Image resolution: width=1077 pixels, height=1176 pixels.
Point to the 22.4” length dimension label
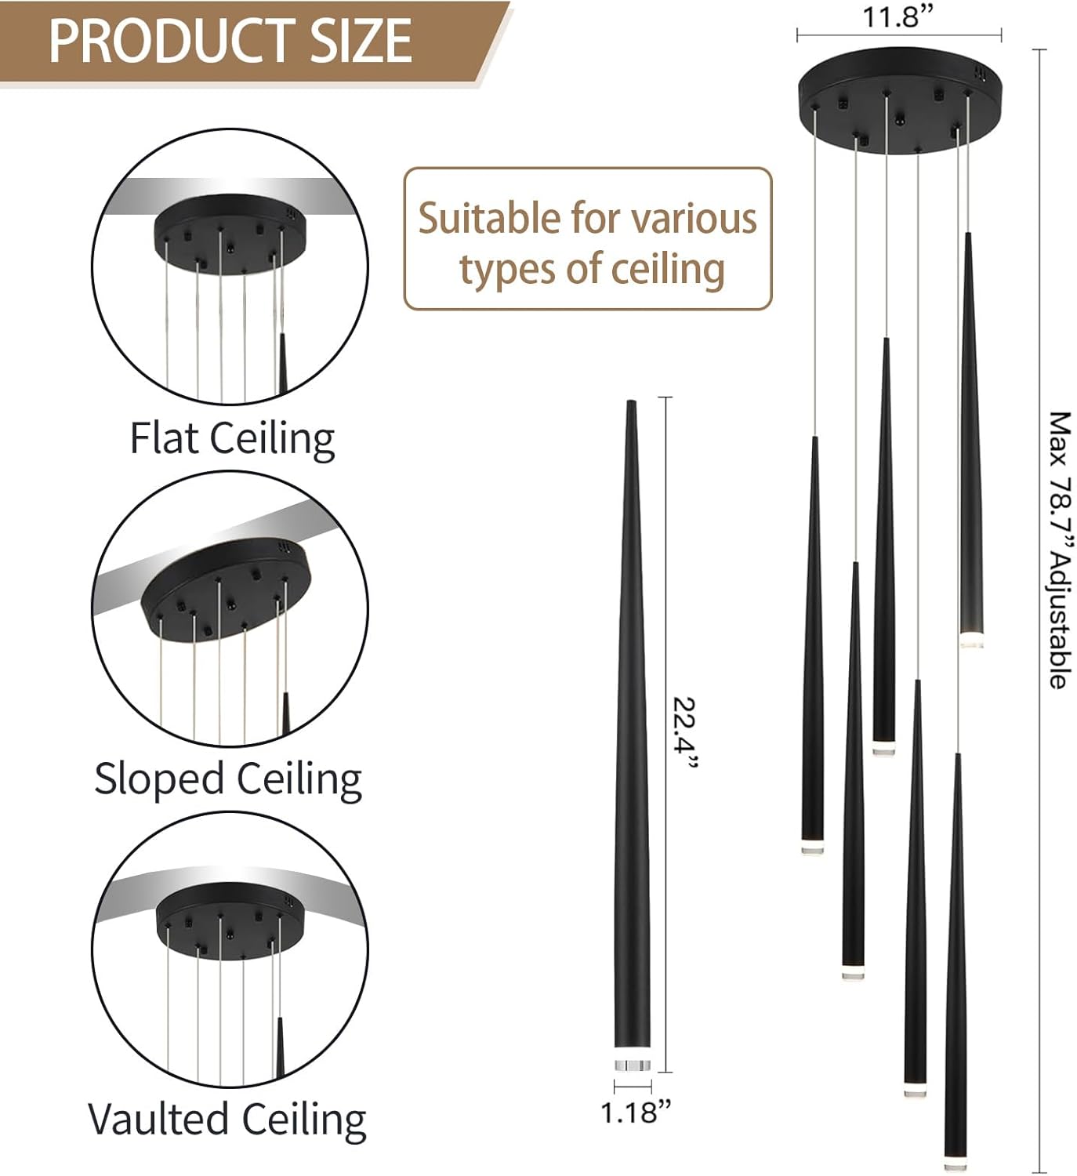tap(684, 734)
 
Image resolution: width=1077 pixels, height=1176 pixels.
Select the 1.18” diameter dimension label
tap(636, 1112)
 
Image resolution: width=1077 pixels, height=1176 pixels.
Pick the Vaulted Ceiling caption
tap(227, 1119)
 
